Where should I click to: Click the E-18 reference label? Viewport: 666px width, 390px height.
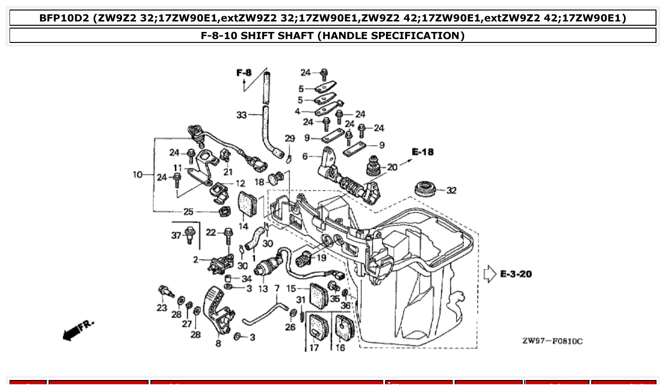point(423,152)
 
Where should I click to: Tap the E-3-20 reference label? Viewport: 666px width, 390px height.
point(516,274)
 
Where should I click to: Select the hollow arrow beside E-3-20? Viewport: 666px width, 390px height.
point(489,274)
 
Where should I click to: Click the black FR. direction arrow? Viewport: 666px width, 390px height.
point(71,333)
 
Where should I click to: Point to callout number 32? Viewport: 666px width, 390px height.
point(451,191)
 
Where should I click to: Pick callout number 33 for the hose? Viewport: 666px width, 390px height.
point(242,114)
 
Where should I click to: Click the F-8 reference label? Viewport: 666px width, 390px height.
point(244,72)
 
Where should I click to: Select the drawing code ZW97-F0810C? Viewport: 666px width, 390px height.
point(552,341)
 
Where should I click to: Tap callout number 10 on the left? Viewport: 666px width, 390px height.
point(138,174)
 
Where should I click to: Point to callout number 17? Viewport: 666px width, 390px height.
point(314,348)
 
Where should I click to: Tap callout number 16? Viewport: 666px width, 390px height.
point(340,348)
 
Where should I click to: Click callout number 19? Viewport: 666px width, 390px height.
point(321,258)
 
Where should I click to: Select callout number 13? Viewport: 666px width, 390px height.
point(263,289)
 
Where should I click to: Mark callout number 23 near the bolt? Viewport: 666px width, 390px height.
point(162,308)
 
